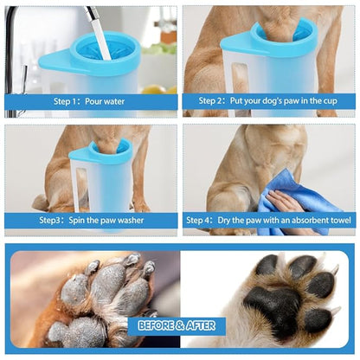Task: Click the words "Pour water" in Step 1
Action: pyautogui.click(x=105, y=101)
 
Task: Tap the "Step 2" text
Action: pyautogui.click(x=210, y=101)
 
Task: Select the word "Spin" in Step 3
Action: pyautogui.click(x=76, y=221)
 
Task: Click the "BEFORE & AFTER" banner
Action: pyautogui.click(x=177, y=325)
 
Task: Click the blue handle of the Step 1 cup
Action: pyautogui.click(x=55, y=61)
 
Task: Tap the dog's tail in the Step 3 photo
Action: pyautogui.click(x=41, y=202)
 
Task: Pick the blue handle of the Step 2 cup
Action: pyautogui.click(x=235, y=43)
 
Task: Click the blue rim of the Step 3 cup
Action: pyautogui.click(x=111, y=152)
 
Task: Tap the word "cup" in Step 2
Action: pyautogui.click(x=331, y=101)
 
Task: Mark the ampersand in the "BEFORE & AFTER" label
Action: pyautogui.click(x=180, y=326)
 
